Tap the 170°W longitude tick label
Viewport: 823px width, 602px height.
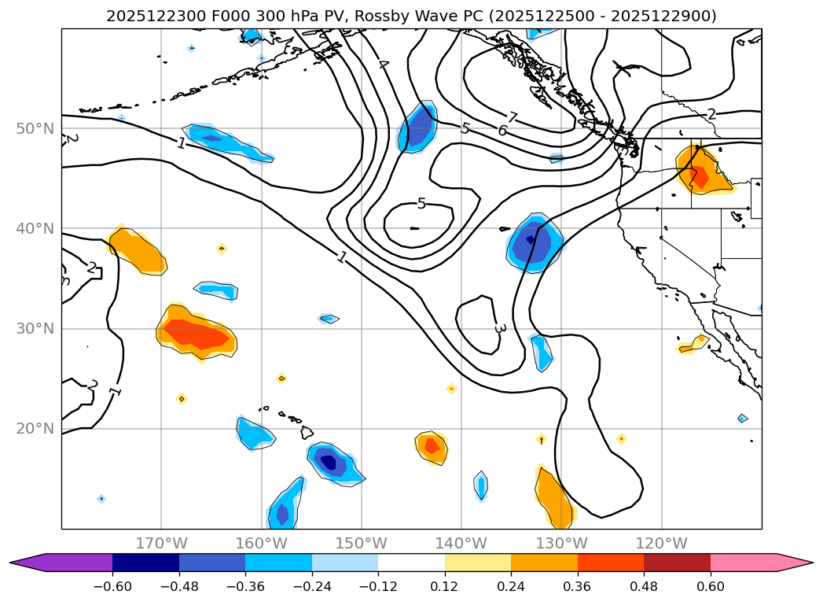coord(161,543)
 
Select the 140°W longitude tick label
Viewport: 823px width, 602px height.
coord(461,543)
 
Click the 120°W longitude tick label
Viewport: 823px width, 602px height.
coord(661,543)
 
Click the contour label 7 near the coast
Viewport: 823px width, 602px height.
coord(512,118)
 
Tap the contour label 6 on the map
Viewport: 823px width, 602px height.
coord(502,131)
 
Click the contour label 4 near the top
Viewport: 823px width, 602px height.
coord(384,64)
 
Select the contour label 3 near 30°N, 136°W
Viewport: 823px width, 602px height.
coord(499,327)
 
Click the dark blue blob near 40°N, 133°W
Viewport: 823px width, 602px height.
coord(534,242)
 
